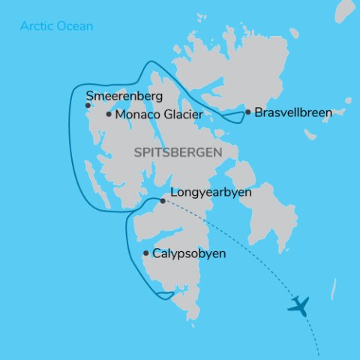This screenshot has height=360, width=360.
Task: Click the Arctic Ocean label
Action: [x=57, y=26]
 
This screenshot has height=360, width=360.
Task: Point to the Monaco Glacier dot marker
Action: [x=109, y=114]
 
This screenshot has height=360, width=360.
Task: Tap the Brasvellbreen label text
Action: [x=292, y=112]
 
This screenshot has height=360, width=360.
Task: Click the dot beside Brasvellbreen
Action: [x=248, y=112]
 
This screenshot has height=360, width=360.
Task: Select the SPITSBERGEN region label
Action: [x=177, y=152]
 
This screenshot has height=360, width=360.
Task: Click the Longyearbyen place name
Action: [x=211, y=193]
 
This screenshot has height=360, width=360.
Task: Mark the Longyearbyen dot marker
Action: [x=163, y=201]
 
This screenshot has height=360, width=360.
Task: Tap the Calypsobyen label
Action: [x=189, y=254]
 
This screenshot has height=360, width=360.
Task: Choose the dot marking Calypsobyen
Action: [x=145, y=253]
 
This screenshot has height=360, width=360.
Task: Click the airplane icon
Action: [x=298, y=306]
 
